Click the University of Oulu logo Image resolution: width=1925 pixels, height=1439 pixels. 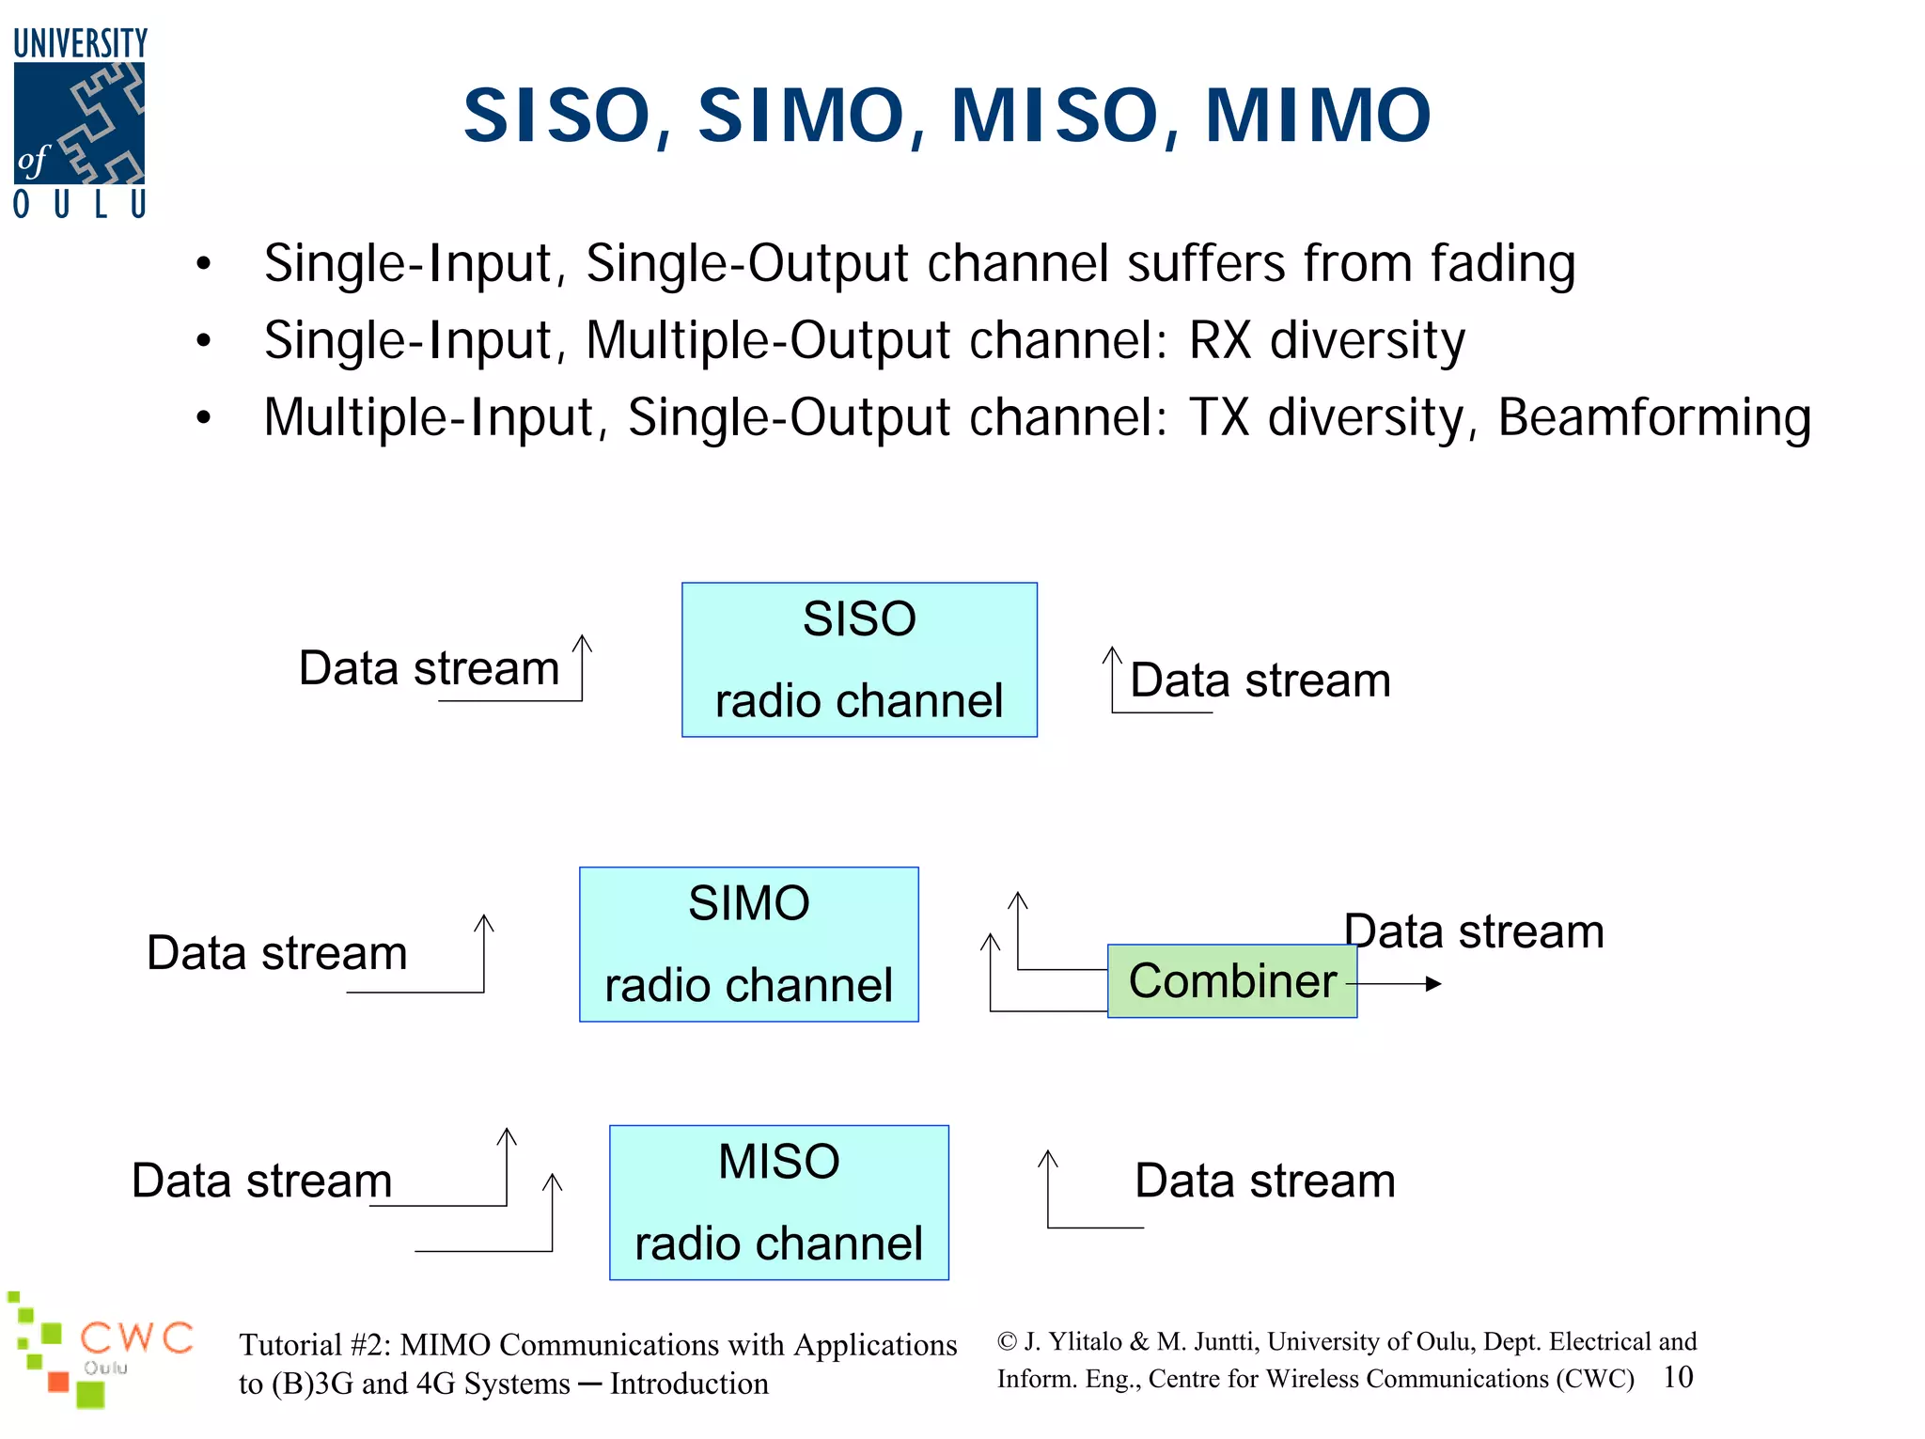tap(80, 123)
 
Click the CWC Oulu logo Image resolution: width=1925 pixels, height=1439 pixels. tap(102, 1350)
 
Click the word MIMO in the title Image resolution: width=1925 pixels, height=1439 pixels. tap(1318, 116)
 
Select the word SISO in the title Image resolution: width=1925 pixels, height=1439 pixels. tap(557, 116)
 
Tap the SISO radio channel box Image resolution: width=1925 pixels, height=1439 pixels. tap(859, 660)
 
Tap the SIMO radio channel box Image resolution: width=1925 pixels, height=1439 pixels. tap(748, 945)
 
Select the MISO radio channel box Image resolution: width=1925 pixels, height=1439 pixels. tap(778, 1202)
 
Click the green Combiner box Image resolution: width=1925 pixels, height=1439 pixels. tap(1231, 981)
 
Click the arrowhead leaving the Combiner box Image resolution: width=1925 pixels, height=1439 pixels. tap(1433, 984)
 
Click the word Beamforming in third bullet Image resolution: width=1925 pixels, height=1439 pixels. tap(1653, 417)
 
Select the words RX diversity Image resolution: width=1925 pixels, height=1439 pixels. tap(1326, 340)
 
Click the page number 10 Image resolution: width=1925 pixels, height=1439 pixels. tap(1678, 1377)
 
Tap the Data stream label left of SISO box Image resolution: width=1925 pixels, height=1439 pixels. tap(429, 668)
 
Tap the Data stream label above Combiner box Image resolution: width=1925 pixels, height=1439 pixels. tap(1474, 931)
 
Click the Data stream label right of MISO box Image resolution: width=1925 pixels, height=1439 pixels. tap(1264, 1181)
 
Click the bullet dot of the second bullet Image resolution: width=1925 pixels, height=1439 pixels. tap(204, 341)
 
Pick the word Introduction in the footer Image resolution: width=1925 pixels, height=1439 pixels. tap(689, 1384)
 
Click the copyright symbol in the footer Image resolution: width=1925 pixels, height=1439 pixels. tap(1007, 1341)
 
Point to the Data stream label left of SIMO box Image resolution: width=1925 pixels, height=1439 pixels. tap(277, 953)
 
